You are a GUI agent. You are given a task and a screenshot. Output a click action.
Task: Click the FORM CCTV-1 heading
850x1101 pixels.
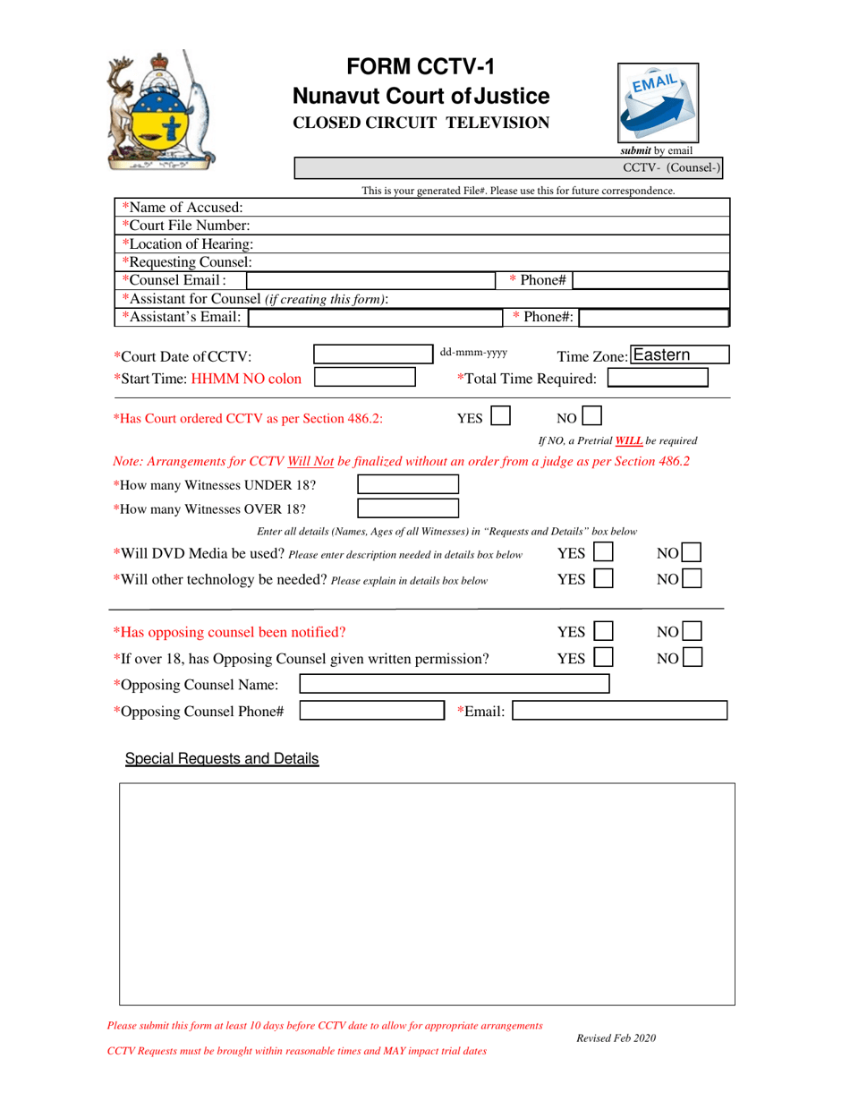421,67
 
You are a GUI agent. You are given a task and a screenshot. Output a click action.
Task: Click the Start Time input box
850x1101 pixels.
364,378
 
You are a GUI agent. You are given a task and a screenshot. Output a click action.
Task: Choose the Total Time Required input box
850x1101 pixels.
658,379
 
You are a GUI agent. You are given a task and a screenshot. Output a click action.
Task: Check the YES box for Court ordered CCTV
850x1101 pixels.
501,416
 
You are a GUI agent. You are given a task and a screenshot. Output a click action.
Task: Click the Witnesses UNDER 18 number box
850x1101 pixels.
408,485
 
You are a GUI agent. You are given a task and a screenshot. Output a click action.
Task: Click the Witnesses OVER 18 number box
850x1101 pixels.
408,509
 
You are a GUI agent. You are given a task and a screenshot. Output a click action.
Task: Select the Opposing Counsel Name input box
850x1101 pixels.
454,685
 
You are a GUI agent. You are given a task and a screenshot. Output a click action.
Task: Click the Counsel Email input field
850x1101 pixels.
372,280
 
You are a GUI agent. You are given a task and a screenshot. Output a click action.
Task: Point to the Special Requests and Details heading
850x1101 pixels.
221,759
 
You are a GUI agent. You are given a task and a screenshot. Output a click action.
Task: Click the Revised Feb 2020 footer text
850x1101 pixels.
616,1037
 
